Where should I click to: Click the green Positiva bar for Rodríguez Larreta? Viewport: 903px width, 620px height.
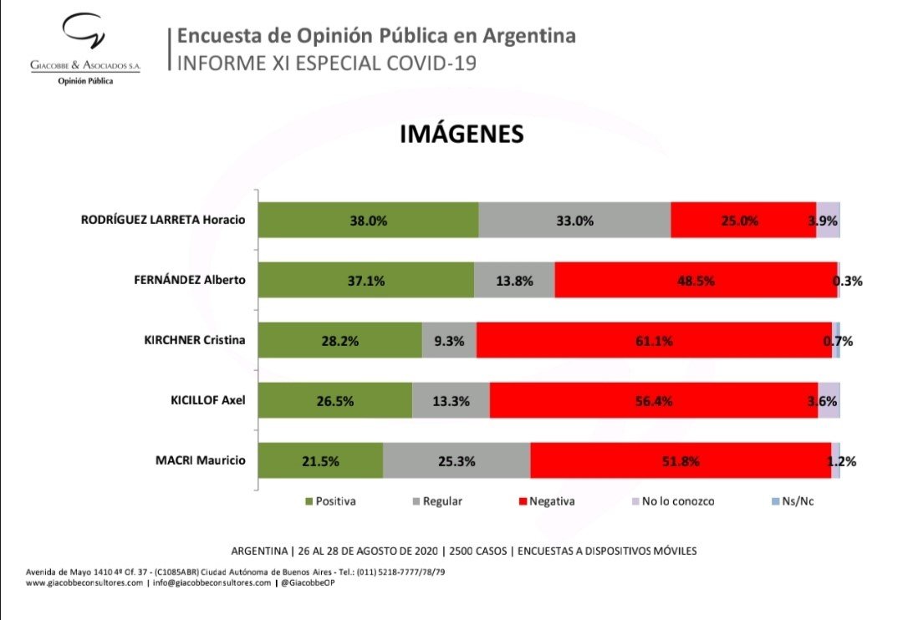[x=368, y=221]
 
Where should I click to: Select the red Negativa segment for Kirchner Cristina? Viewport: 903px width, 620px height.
[x=654, y=341]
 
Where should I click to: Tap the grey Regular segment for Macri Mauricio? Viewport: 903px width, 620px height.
[x=457, y=460]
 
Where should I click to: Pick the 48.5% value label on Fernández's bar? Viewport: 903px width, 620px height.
[x=696, y=281]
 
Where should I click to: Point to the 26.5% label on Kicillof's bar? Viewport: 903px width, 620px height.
[x=334, y=401]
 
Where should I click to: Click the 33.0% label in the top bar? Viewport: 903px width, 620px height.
[x=574, y=221]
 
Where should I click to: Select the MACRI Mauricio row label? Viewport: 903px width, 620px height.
[x=201, y=460]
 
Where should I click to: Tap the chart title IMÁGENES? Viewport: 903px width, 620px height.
[x=462, y=135]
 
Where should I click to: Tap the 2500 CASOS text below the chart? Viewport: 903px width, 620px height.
[x=481, y=551]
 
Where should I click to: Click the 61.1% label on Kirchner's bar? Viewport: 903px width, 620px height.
[x=654, y=341]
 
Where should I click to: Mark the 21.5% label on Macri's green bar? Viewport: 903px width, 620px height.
[x=321, y=460]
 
